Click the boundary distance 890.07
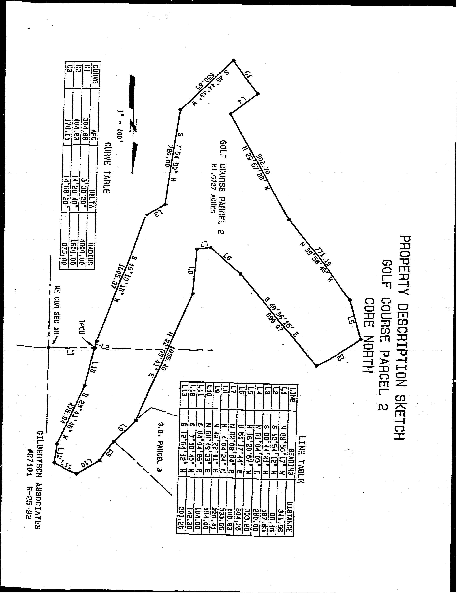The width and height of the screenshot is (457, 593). click(x=274, y=322)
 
